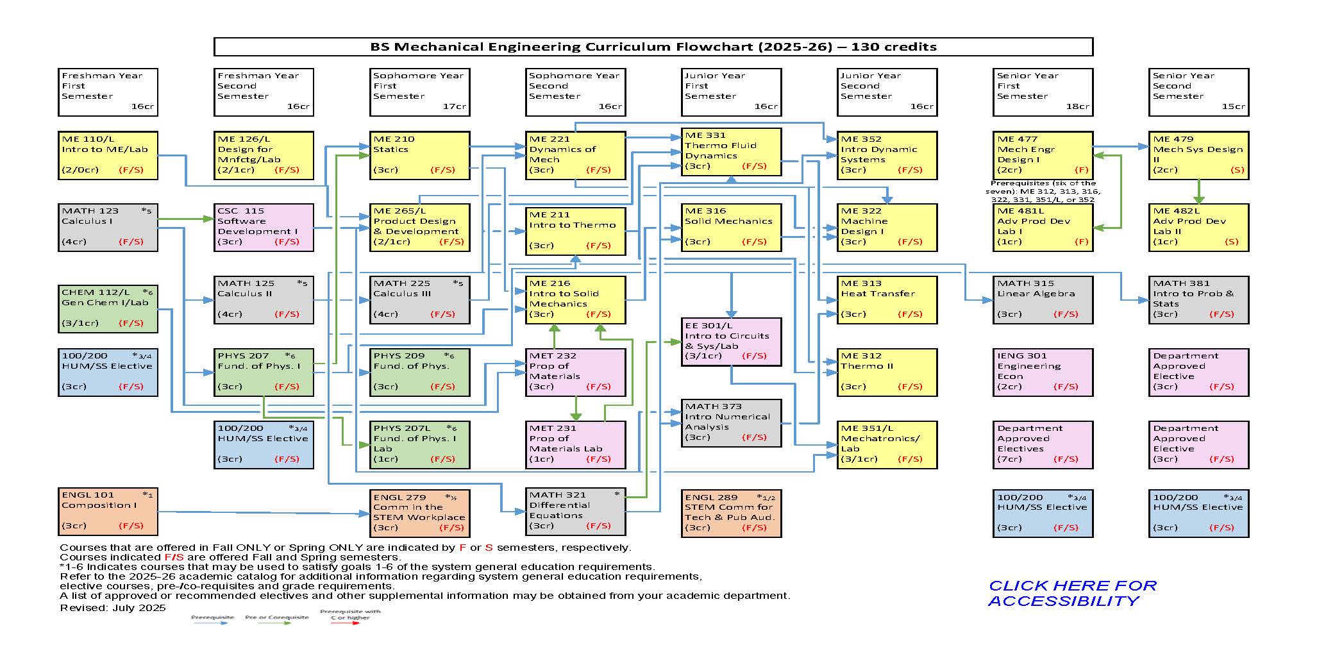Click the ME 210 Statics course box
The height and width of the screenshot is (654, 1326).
pos(420,155)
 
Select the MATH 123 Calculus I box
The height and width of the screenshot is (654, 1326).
pos(108,227)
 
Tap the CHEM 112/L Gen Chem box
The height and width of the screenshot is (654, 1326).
pos(108,308)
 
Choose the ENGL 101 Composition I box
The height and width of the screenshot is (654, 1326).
pos(108,511)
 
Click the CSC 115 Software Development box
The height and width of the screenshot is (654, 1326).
pos(264,227)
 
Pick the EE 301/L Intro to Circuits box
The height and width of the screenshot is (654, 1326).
pos(732,342)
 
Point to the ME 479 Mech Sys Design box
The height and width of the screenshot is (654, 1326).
pos(1198,155)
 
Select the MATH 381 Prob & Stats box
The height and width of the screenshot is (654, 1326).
pos(1198,299)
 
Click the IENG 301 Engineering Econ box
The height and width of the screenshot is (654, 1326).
pos(1042,372)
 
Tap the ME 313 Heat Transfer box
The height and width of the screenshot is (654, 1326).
pos(886,299)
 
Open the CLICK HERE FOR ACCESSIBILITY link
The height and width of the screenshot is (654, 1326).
pos(1071,593)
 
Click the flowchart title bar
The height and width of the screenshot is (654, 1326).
pos(653,47)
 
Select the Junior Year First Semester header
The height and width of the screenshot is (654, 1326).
pos(732,92)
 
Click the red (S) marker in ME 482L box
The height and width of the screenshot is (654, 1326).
pos(1231,242)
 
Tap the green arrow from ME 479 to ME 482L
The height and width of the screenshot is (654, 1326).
pos(1198,191)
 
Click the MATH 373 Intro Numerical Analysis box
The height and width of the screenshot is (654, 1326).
pos(732,423)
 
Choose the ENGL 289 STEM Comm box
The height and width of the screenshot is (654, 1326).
pos(732,513)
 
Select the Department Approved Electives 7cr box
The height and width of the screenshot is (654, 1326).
pos(1042,444)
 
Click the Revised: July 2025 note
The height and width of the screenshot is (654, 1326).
pos(113,608)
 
